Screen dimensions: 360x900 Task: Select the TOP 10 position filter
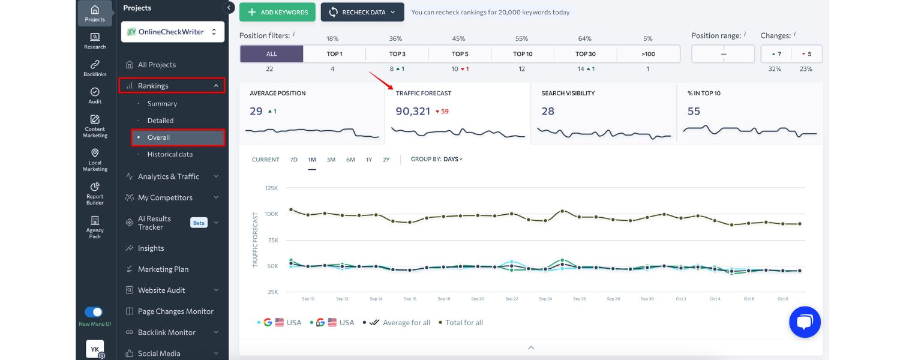[x=522, y=54]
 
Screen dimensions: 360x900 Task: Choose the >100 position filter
[x=648, y=54]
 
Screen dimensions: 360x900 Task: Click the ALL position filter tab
[x=271, y=54]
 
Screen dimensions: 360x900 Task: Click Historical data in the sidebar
[x=170, y=154]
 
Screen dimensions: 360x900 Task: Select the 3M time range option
[x=331, y=160]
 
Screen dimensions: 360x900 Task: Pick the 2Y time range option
[x=386, y=160]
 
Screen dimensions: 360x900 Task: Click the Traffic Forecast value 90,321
[x=413, y=112]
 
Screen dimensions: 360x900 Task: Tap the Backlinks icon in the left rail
[x=95, y=68]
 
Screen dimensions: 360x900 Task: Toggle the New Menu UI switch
[x=94, y=312]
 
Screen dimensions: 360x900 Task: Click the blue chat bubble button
[x=805, y=322]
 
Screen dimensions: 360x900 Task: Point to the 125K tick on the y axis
[x=271, y=188]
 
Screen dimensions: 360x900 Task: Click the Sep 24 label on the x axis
[x=545, y=299]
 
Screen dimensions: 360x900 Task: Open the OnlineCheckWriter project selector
[x=173, y=32]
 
